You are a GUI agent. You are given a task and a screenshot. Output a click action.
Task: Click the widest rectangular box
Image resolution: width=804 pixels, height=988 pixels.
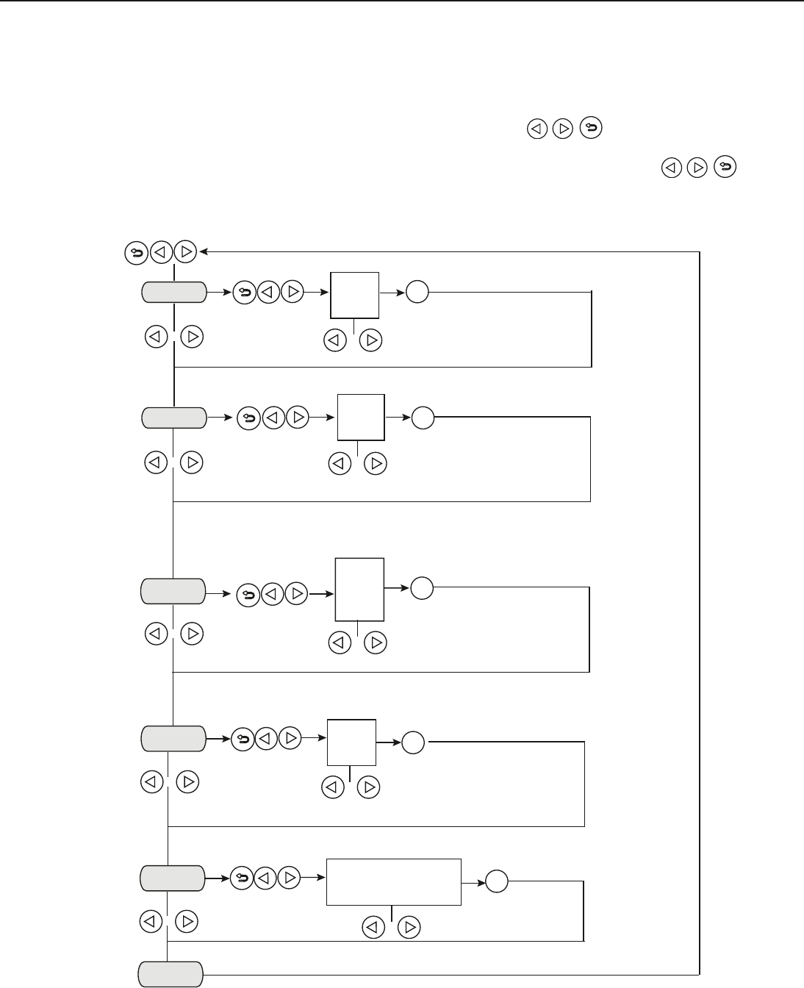tap(393, 881)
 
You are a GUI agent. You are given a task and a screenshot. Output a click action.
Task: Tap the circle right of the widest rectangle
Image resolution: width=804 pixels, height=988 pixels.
tap(497, 881)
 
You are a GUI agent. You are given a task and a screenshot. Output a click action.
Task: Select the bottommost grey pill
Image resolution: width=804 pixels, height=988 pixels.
tap(171, 974)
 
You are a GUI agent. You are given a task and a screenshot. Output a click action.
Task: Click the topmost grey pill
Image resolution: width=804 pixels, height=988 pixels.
tap(173, 292)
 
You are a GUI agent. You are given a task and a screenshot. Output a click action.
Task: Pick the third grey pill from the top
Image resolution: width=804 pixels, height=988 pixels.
tap(173, 591)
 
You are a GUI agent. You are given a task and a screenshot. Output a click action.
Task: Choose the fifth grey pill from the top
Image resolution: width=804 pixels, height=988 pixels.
tap(173, 878)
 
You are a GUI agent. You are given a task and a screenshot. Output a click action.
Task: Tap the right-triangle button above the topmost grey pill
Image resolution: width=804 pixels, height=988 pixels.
tap(186, 253)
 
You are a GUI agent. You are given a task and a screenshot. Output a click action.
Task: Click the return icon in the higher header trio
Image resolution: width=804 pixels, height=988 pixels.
tap(591, 129)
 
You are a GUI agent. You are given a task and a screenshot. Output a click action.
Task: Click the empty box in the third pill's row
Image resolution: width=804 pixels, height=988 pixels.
tap(359, 589)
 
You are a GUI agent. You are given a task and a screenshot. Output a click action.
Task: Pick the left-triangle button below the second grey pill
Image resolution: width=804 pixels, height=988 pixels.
tap(155, 463)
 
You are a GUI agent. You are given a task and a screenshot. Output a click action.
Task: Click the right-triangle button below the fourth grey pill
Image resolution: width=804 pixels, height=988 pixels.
tap(187, 782)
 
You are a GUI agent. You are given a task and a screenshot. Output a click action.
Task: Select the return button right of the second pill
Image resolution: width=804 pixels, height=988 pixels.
tap(248, 418)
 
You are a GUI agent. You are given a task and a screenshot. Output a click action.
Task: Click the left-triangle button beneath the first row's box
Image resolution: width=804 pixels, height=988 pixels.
tap(334, 340)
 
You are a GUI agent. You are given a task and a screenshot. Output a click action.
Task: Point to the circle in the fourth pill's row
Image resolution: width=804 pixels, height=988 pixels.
tap(414, 743)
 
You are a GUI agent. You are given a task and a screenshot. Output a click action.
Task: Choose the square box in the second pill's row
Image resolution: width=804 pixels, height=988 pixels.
tap(361, 418)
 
